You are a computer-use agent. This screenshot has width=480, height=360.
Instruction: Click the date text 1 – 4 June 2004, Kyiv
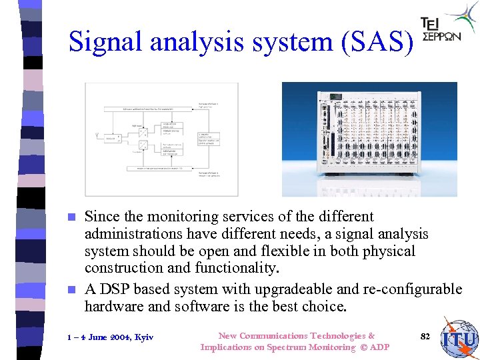tap(111, 337)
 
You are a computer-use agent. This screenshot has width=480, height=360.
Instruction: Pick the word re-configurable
tap(412, 289)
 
